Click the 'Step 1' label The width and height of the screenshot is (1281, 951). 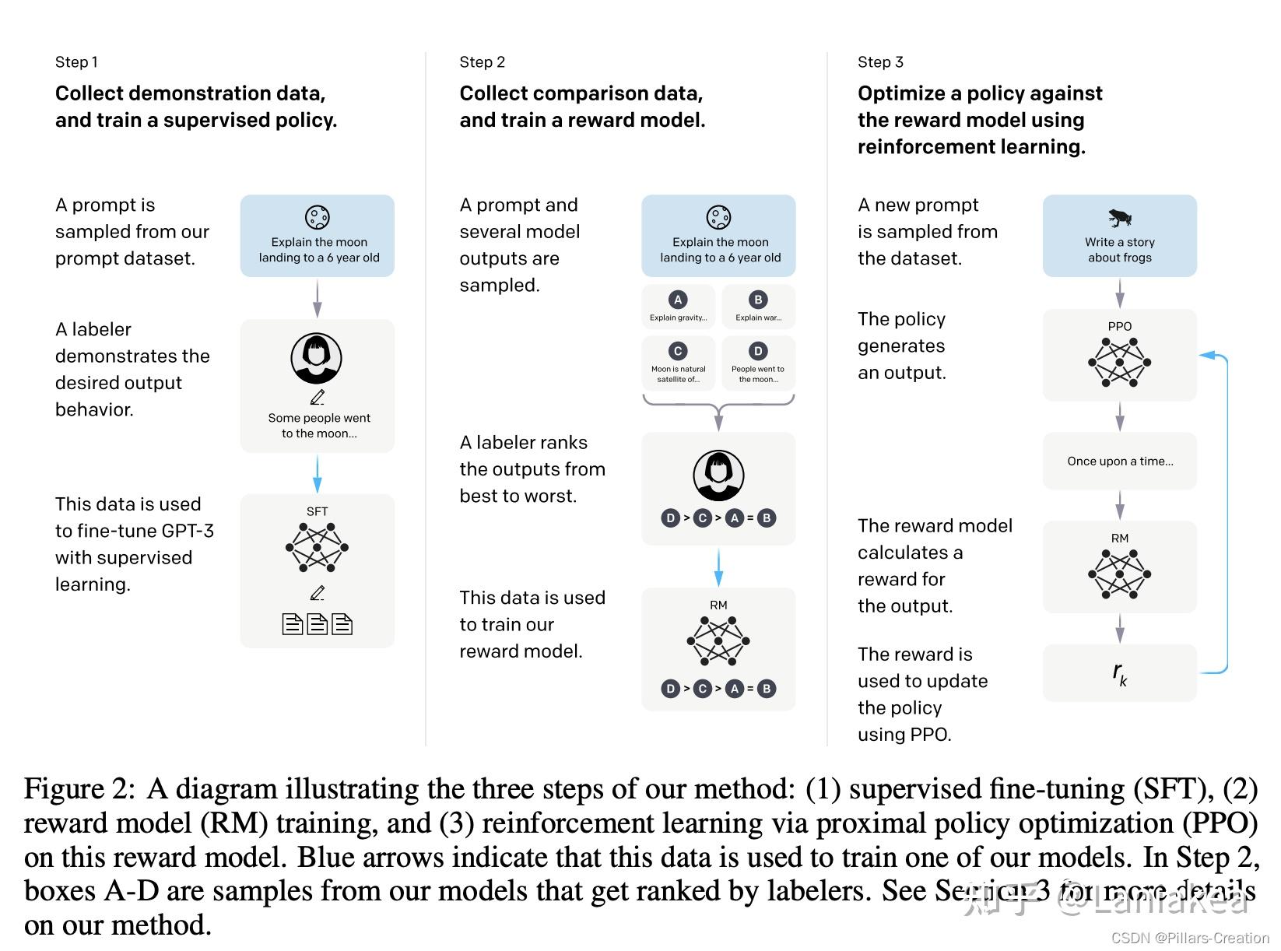click(76, 62)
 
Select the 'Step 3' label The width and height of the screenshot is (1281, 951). click(880, 62)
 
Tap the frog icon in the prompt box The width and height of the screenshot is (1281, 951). click(1119, 218)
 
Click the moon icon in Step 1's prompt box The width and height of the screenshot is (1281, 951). click(318, 217)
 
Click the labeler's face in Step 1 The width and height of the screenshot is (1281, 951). click(316, 356)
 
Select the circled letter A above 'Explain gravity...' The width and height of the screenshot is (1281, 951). click(678, 300)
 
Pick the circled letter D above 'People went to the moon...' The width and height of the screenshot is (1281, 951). click(758, 351)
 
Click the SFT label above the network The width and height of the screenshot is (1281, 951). click(317, 511)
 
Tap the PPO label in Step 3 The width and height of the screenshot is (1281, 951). click(1119, 326)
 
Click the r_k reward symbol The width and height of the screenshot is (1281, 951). click(1119, 673)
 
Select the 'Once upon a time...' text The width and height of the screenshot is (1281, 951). click(1120, 461)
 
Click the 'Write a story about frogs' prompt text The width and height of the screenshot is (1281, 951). click(1119, 250)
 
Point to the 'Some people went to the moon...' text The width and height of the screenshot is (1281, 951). click(319, 426)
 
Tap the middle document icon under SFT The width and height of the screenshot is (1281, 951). click(317, 623)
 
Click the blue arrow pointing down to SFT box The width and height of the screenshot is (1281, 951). click(317, 473)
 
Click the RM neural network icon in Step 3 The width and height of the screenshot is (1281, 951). click(1119, 574)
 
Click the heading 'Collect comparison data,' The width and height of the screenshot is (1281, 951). click(581, 93)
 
